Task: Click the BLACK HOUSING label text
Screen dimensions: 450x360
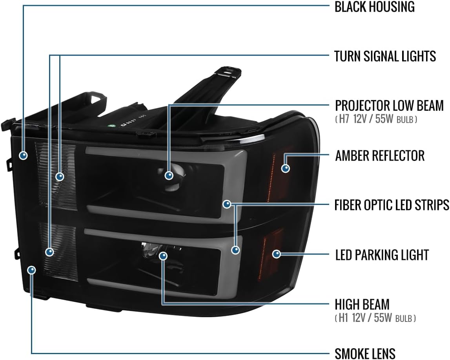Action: [x=375, y=7]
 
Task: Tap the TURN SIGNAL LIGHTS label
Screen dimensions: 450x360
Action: [x=385, y=56]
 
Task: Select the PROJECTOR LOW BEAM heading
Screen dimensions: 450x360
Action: [x=389, y=105]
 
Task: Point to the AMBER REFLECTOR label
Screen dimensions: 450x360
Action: [x=380, y=155]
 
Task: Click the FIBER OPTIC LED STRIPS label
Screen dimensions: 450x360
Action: [x=392, y=205]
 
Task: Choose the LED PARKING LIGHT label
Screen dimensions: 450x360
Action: [x=382, y=255]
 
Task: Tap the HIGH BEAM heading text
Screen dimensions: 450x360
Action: [x=362, y=304]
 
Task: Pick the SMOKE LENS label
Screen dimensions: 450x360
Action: [x=365, y=353]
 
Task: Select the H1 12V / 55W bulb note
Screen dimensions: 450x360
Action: [x=375, y=318]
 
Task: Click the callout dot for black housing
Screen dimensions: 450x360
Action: [x=23, y=155]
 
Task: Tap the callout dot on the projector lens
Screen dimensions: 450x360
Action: [x=169, y=175]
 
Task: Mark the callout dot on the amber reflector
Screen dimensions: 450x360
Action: [x=285, y=168]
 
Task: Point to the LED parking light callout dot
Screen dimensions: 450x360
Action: [x=276, y=254]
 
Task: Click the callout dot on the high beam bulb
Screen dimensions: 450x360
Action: [x=163, y=256]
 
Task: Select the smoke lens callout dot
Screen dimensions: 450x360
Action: [x=31, y=270]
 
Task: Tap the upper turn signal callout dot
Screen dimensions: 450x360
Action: [x=60, y=176]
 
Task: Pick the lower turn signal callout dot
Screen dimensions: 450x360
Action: [x=50, y=252]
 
